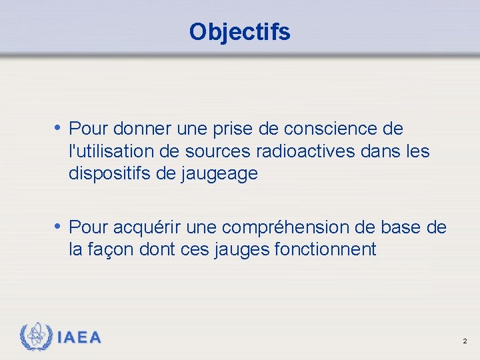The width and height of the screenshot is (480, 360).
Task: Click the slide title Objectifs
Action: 239,31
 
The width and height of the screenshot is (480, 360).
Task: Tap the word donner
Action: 143,129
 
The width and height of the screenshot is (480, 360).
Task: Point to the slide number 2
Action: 465,341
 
